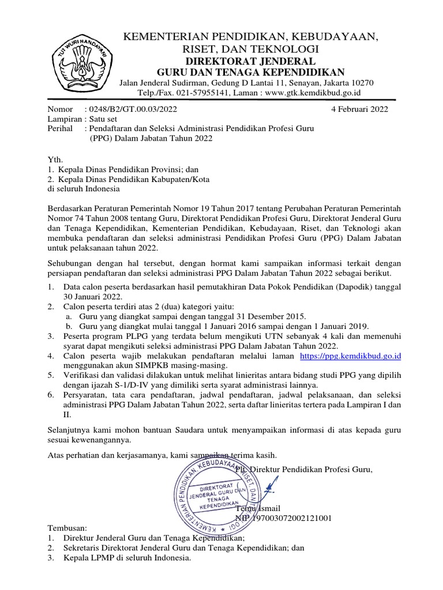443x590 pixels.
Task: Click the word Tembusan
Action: click(66, 528)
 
